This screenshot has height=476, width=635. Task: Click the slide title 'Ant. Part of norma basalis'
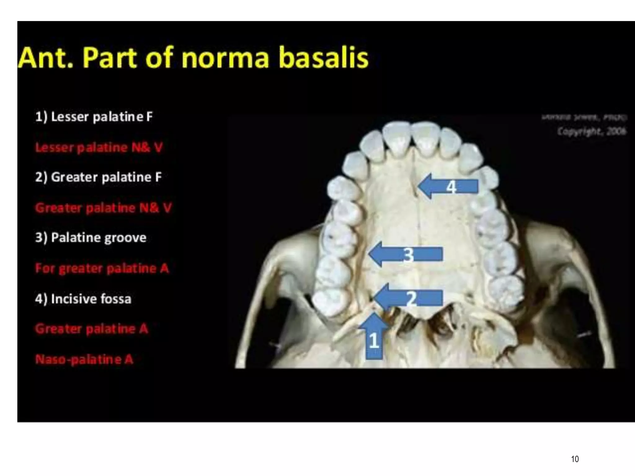tap(193, 57)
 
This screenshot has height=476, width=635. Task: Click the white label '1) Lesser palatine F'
tap(94, 117)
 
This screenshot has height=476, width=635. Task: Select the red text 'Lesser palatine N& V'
tap(99, 148)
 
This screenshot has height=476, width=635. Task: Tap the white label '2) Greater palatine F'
tap(98, 177)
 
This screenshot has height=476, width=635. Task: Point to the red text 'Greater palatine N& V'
tap(103, 208)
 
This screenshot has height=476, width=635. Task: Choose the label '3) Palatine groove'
tap(91, 238)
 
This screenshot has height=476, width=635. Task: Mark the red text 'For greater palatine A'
tap(102, 268)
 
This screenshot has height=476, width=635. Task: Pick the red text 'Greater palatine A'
tap(91, 329)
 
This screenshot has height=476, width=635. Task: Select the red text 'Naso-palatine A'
tap(84, 359)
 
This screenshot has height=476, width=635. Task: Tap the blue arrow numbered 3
tap(406, 254)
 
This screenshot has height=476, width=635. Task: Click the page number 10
tap(575, 459)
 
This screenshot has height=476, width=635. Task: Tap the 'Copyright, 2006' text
tap(592, 131)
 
